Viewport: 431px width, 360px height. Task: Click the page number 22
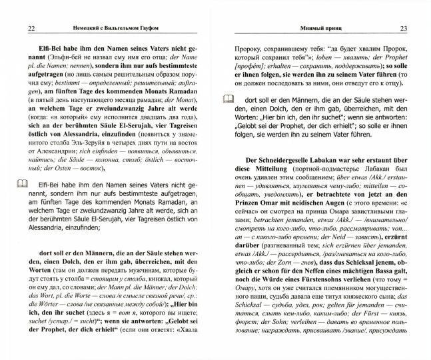(x=33, y=28)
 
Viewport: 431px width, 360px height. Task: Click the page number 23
(x=402, y=28)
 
